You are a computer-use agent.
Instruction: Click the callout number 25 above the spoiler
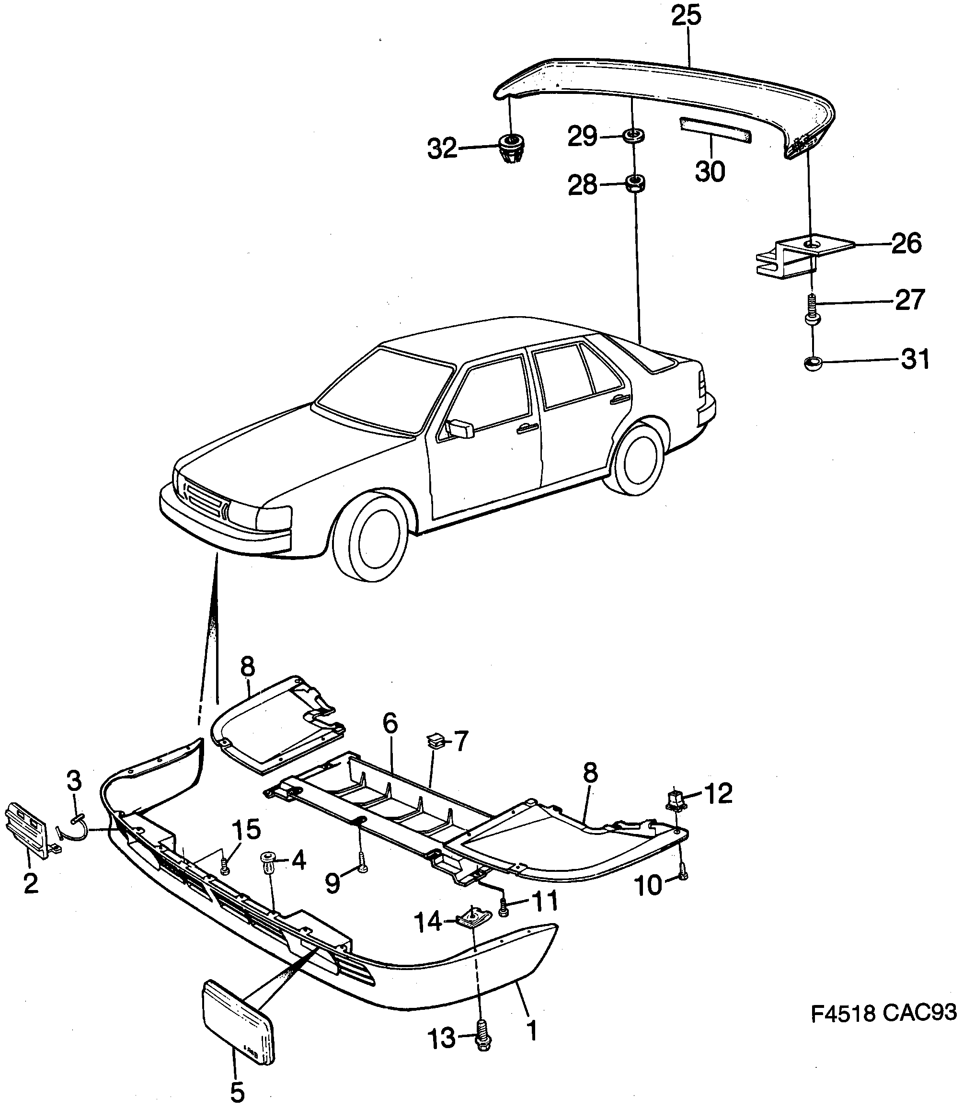[686, 16]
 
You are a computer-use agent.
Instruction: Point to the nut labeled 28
[635, 184]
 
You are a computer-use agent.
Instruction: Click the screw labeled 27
[812, 309]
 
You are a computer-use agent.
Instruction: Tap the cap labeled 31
[813, 364]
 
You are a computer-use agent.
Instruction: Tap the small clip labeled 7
[433, 742]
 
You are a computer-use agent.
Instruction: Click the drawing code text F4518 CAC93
[883, 1012]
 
